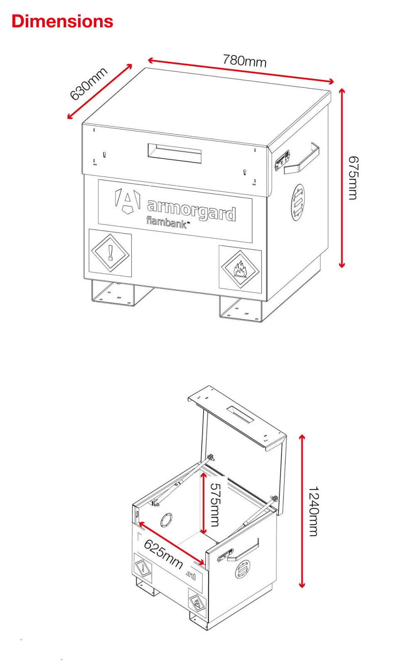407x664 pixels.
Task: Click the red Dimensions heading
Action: (62, 22)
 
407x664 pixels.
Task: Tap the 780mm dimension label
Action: (244, 61)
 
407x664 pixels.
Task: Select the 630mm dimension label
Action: (88, 84)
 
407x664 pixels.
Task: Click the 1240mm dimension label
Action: (314, 511)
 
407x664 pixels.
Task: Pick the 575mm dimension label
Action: (215, 505)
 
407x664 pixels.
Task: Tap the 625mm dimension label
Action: (163, 554)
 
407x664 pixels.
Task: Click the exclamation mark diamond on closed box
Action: (110, 253)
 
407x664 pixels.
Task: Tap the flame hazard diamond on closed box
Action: (240, 269)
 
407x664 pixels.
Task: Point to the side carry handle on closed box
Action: (302, 159)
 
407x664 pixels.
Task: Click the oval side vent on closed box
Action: (297, 203)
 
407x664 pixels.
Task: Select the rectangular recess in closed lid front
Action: (174, 153)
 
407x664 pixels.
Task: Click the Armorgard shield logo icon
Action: (127, 201)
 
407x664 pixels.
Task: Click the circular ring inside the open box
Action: (167, 520)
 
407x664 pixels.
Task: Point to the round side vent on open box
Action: (243, 569)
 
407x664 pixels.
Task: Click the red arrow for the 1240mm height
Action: (302, 511)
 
